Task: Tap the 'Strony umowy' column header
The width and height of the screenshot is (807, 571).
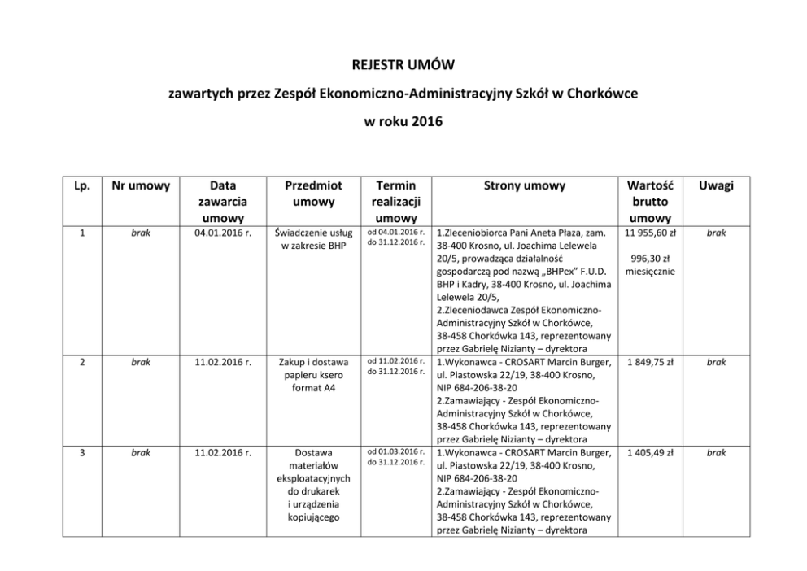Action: (x=524, y=186)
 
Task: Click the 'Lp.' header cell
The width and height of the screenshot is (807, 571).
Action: (x=82, y=186)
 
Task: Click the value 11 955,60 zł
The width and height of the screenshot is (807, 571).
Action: (x=649, y=233)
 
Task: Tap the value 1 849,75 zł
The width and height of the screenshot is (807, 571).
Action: (x=649, y=362)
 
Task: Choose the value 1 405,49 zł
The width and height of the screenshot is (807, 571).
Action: (x=649, y=452)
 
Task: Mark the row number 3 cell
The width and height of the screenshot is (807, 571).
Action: (x=82, y=452)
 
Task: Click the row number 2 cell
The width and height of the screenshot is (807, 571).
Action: (x=82, y=362)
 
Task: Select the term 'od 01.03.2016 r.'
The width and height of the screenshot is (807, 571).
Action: (x=396, y=451)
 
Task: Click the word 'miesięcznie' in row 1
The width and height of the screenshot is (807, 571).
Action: (x=649, y=271)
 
